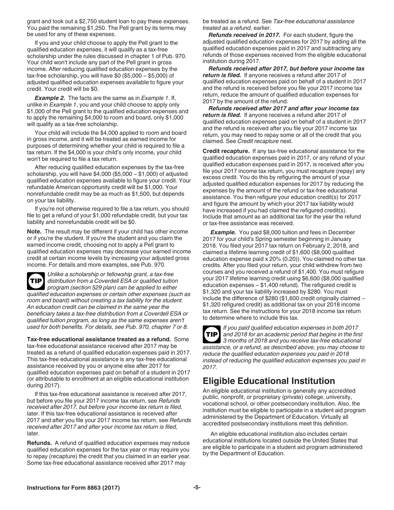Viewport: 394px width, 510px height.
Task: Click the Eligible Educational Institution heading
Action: click(x=269, y=381)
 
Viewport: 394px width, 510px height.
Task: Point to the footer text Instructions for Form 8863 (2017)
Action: click(x=73, y=488)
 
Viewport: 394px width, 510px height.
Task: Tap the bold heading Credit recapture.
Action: click(x=226, y=151)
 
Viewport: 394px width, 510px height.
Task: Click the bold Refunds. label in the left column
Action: click(x=39, y=443)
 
